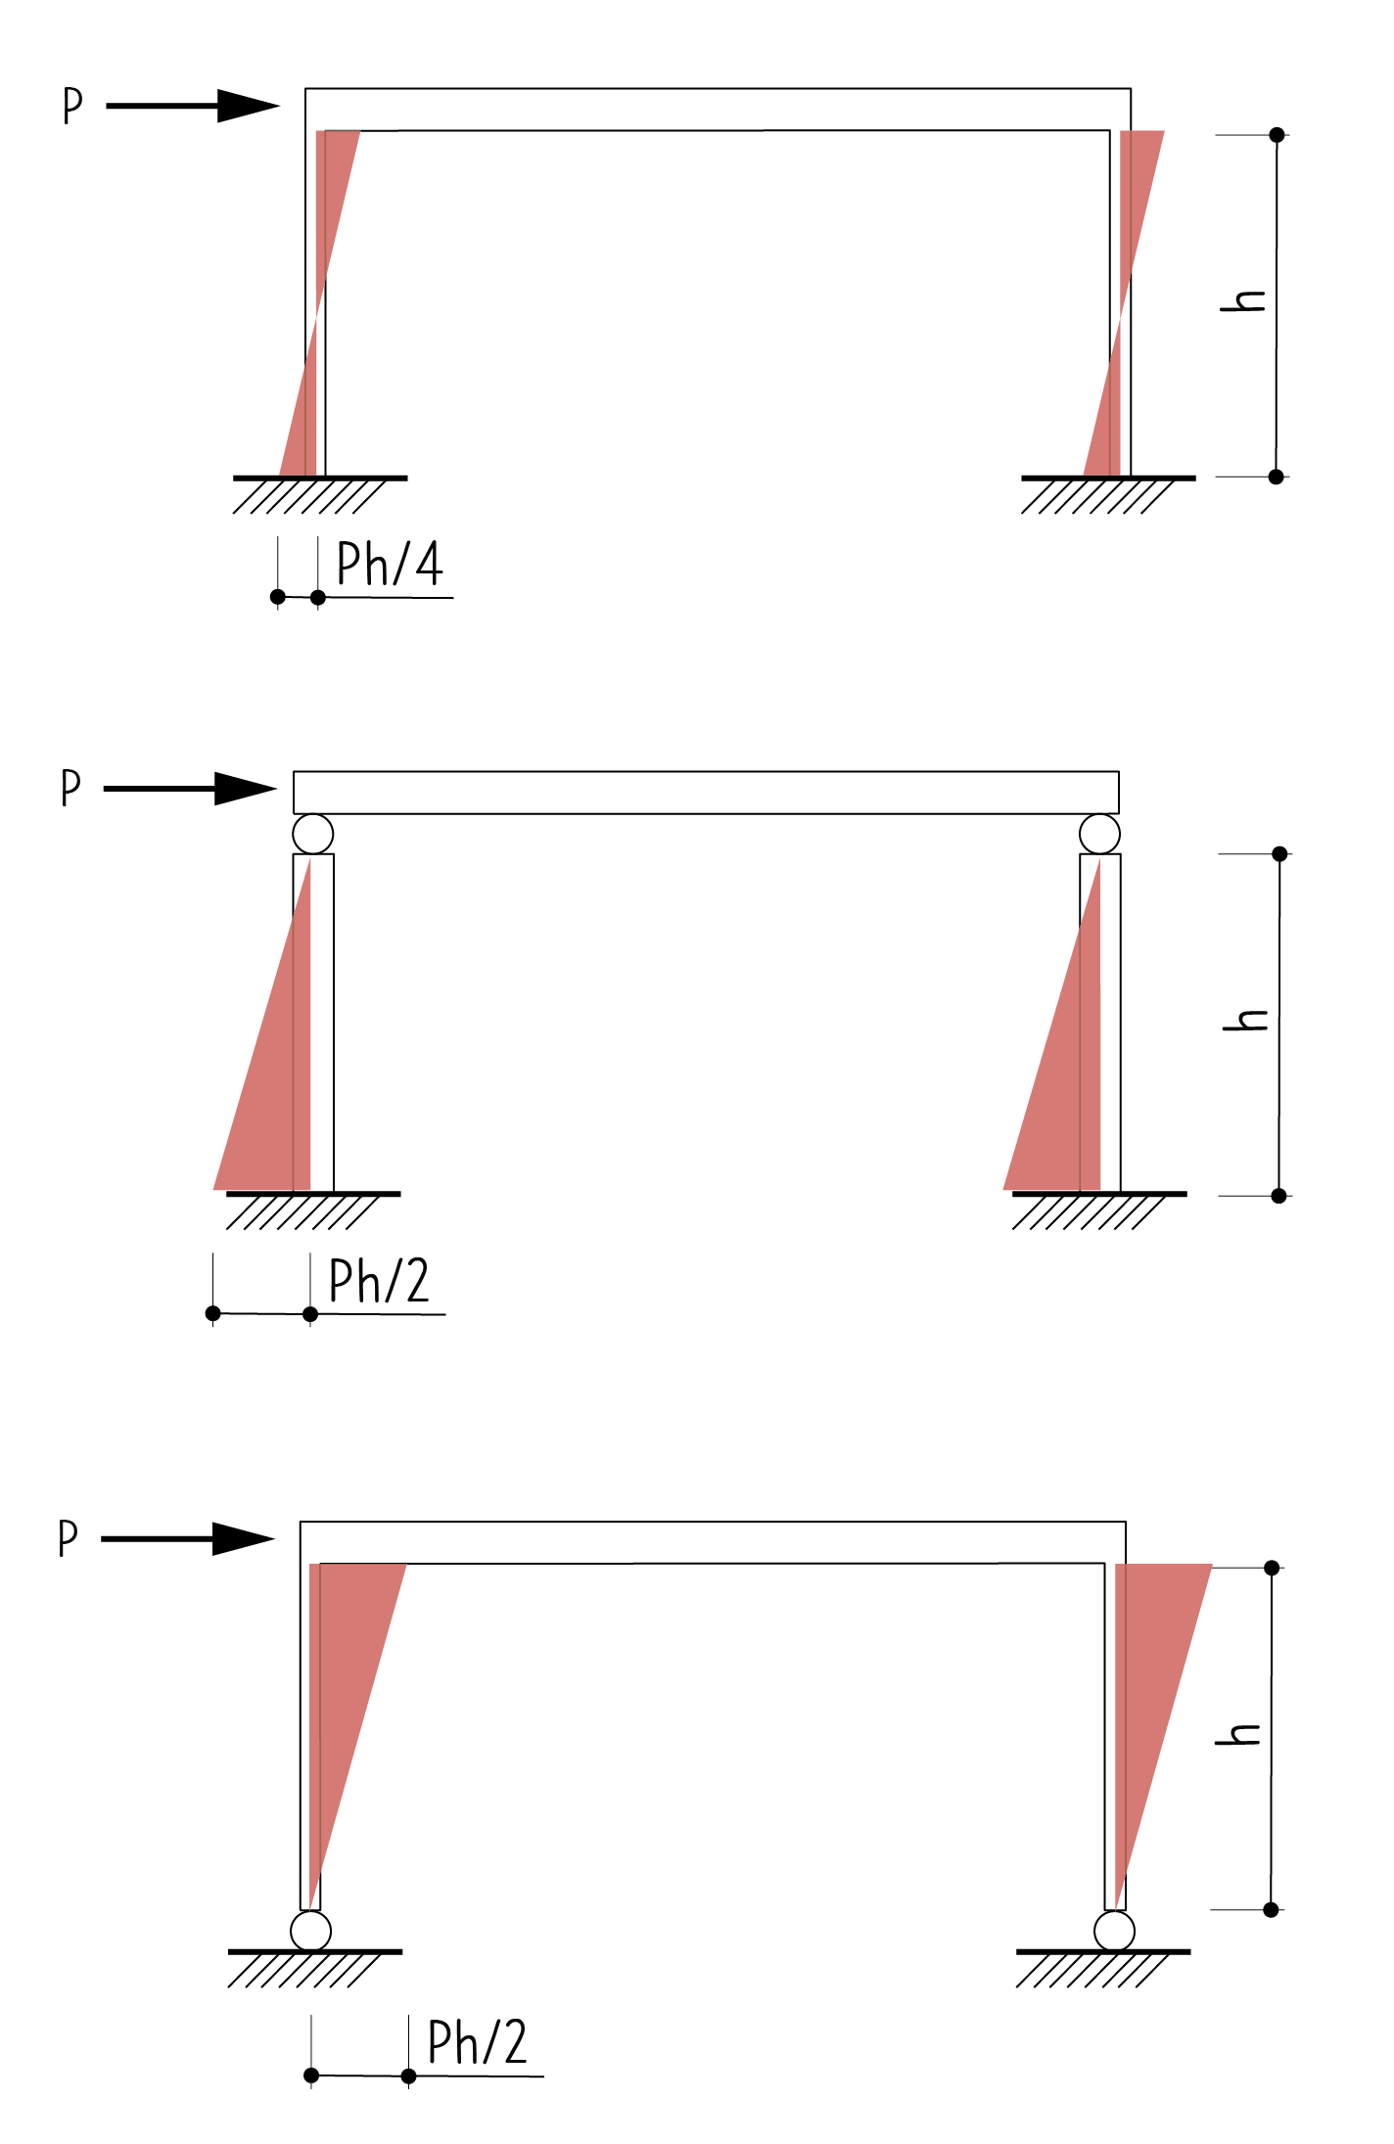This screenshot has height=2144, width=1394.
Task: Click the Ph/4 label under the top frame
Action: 390,564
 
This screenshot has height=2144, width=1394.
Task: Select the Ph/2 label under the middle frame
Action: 379,1281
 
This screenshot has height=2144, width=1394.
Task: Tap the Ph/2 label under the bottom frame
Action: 478,2042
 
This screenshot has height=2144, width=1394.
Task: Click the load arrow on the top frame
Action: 193,106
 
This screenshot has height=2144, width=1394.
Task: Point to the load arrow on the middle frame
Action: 190,789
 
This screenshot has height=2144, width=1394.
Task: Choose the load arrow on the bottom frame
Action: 188,1538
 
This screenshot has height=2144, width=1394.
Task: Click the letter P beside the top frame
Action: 72,106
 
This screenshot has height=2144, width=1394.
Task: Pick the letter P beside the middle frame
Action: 70,788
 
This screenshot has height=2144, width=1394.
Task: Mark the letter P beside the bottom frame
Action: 68,1538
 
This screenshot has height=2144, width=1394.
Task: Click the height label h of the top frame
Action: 1243,300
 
